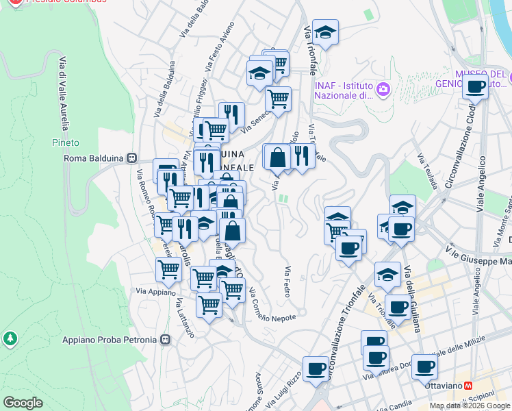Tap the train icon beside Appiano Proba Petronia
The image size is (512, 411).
(165, 340)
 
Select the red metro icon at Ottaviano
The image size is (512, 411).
(468, 386)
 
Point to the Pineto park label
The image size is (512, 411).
(66, 142)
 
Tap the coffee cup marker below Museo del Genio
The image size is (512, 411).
(476, 88)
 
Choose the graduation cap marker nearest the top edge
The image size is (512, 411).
(327, 32)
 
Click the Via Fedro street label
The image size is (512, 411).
(288, 281)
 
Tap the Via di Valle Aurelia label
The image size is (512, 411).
(64, 92)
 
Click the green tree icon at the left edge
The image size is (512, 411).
(10, 338)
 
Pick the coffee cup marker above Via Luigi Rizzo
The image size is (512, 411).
(316, 369)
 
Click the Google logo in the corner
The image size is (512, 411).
(23, 403)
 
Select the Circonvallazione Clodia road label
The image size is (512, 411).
(461, 148)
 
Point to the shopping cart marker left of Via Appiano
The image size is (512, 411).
(168, 269)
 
